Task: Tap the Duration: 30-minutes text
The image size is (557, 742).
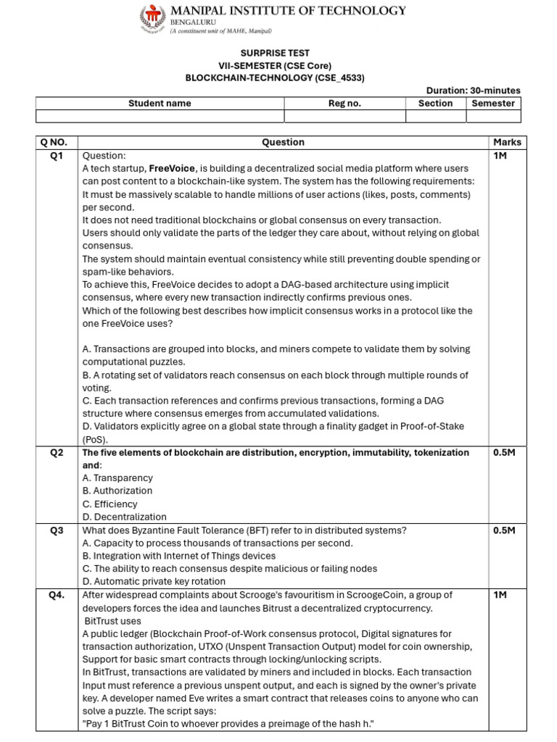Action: (473, 91)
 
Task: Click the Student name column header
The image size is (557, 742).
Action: (160, 104)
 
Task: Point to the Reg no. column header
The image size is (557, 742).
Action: (344, 104)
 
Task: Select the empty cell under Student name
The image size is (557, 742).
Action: (160, 116)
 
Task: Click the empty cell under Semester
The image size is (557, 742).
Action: (493, 116)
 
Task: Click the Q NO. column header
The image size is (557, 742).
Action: (57, 143)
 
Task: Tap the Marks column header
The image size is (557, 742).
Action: (507, 143)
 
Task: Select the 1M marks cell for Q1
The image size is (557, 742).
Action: (500, 156)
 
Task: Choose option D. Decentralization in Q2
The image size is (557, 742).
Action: (124, 517)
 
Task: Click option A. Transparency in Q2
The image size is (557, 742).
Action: (117, 478)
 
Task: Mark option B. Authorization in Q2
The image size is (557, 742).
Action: (117, 491)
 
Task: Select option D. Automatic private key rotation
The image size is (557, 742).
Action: (154, 582)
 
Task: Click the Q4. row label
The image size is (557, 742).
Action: (57, 595)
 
